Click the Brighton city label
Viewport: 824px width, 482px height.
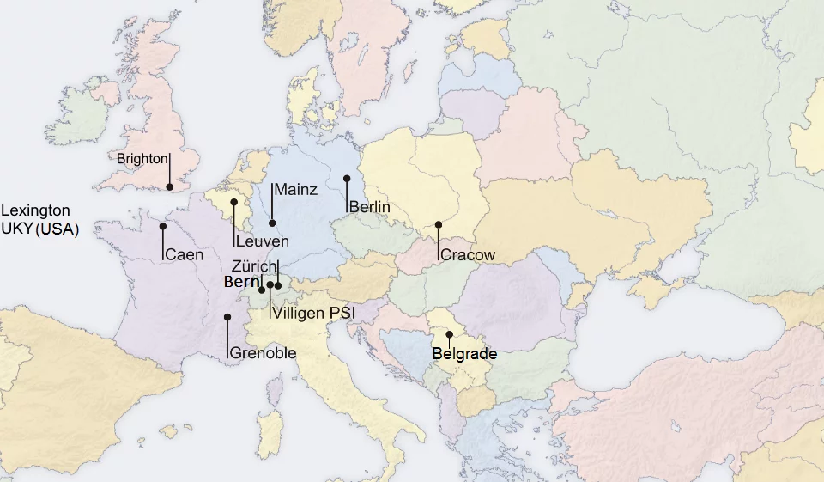pos(142,159)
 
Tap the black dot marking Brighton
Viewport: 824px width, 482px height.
pos(170,186)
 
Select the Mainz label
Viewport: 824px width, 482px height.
pos(296,190)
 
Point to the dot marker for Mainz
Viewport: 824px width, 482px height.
pos(272,223)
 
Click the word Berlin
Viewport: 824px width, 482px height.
pos(370,207)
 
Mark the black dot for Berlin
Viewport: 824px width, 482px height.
pos(347,179)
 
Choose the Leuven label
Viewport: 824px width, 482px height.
pos(263,241)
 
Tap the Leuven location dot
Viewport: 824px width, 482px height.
pos(233,203)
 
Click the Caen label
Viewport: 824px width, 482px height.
pos(185,254)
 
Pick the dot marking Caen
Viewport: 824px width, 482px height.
pos(162,227)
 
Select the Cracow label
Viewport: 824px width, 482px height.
pos(468,255)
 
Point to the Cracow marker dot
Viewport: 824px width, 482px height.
pos(438,224)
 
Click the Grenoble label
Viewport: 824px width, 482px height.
pos(263,353)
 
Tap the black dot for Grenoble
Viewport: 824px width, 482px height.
pos(227,317)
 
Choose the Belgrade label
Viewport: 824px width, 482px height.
pos(464,353)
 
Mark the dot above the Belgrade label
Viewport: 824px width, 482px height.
pos(449,333)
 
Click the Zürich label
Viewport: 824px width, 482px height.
pos(253,266)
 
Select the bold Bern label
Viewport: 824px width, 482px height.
pos(241,282)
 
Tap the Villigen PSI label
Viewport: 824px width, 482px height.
pos(313,314)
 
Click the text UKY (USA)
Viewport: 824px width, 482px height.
pos(39,229)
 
